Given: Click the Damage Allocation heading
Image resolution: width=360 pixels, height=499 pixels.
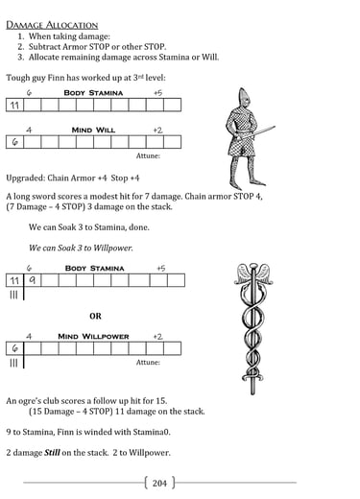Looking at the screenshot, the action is tap(52, 25).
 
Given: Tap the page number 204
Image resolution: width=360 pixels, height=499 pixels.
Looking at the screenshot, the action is tap(159, 483).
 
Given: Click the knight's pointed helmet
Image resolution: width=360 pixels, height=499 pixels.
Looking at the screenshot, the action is tap(243, 98).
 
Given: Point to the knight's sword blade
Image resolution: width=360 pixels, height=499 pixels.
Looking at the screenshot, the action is tap(259, 131).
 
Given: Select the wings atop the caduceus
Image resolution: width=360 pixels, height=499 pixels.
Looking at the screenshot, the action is tap(253, 273).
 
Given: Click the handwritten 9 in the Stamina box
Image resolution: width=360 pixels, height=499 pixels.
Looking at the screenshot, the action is tap(33, 280).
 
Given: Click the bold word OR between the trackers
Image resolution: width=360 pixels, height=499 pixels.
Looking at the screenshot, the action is tap(95, 316).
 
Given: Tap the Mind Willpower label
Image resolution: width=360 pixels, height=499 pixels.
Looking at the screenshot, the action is tap(93, 337).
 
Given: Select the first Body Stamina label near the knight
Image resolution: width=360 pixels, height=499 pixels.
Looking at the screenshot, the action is tap(93, 93).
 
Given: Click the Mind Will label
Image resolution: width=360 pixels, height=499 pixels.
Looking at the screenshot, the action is tap(93, 131).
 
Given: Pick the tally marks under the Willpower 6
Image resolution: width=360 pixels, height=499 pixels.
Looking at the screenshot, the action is tap(13, 363).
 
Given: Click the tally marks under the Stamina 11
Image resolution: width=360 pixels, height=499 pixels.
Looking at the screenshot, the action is tap(13, 295).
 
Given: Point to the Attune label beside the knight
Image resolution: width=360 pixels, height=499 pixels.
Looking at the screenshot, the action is tap(148, 155).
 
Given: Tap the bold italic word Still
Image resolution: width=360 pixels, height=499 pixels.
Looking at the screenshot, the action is tap(52, 453).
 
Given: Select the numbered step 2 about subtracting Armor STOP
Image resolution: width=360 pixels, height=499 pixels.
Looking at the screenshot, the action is tap(92, 47).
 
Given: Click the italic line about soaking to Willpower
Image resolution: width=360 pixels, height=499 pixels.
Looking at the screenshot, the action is tap(81, 248).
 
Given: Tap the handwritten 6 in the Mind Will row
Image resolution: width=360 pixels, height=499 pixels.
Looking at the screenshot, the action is tap(14, 142).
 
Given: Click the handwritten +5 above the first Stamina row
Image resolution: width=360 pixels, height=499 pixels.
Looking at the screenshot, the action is tap(157, 93).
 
